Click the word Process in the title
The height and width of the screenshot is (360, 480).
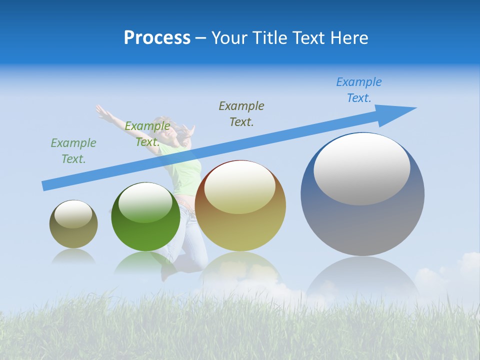[157, 38]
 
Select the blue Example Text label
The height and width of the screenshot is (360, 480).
[358, 90]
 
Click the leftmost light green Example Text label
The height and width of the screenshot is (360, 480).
[73, 151]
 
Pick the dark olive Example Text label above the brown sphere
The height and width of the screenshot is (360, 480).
[241, 113]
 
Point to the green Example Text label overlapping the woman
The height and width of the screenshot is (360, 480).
[147, 134]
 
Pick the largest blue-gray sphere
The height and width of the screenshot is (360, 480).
[362, 220]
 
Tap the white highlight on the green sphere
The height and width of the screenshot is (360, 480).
[145, 202]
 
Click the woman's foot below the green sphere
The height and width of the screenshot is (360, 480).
[167, 272]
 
